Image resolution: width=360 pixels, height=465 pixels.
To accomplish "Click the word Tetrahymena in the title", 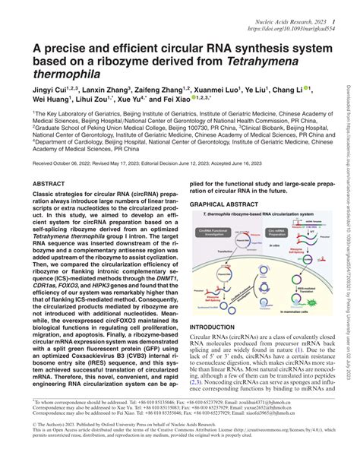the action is pyautogui.click(x=243, y=63).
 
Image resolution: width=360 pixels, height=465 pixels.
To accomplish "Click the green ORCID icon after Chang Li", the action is pyautogui.click(x=307, y=87).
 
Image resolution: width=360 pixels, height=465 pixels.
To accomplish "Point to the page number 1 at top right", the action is pyautogui.click(x=335, y=6).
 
